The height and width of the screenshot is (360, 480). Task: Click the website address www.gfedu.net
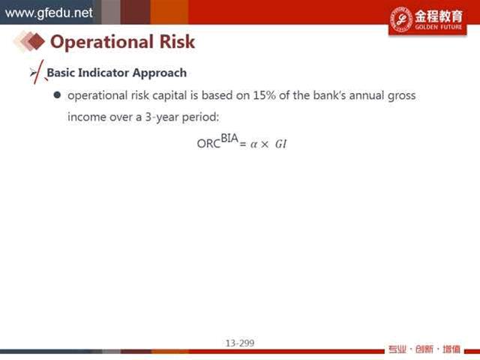tap(49, 13)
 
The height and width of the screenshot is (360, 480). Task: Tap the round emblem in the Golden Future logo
tap(401, 19)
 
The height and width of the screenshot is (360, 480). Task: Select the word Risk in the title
tap(177, 41)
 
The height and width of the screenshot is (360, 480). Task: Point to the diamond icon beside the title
tap(29, 41)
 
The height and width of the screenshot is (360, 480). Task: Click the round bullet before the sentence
tap(57, 95)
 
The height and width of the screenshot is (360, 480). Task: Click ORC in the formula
tap(208, 143)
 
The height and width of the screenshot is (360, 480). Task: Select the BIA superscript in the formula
tap(229, 138)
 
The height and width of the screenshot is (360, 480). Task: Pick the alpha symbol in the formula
tap(253, 144)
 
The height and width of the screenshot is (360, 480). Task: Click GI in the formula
tap(280, 144)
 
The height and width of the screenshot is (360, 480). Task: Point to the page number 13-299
tap(240, 343)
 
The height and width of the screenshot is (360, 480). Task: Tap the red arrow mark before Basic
tap(37, 72)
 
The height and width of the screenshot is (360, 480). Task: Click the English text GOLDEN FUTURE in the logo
tap(438, 27)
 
